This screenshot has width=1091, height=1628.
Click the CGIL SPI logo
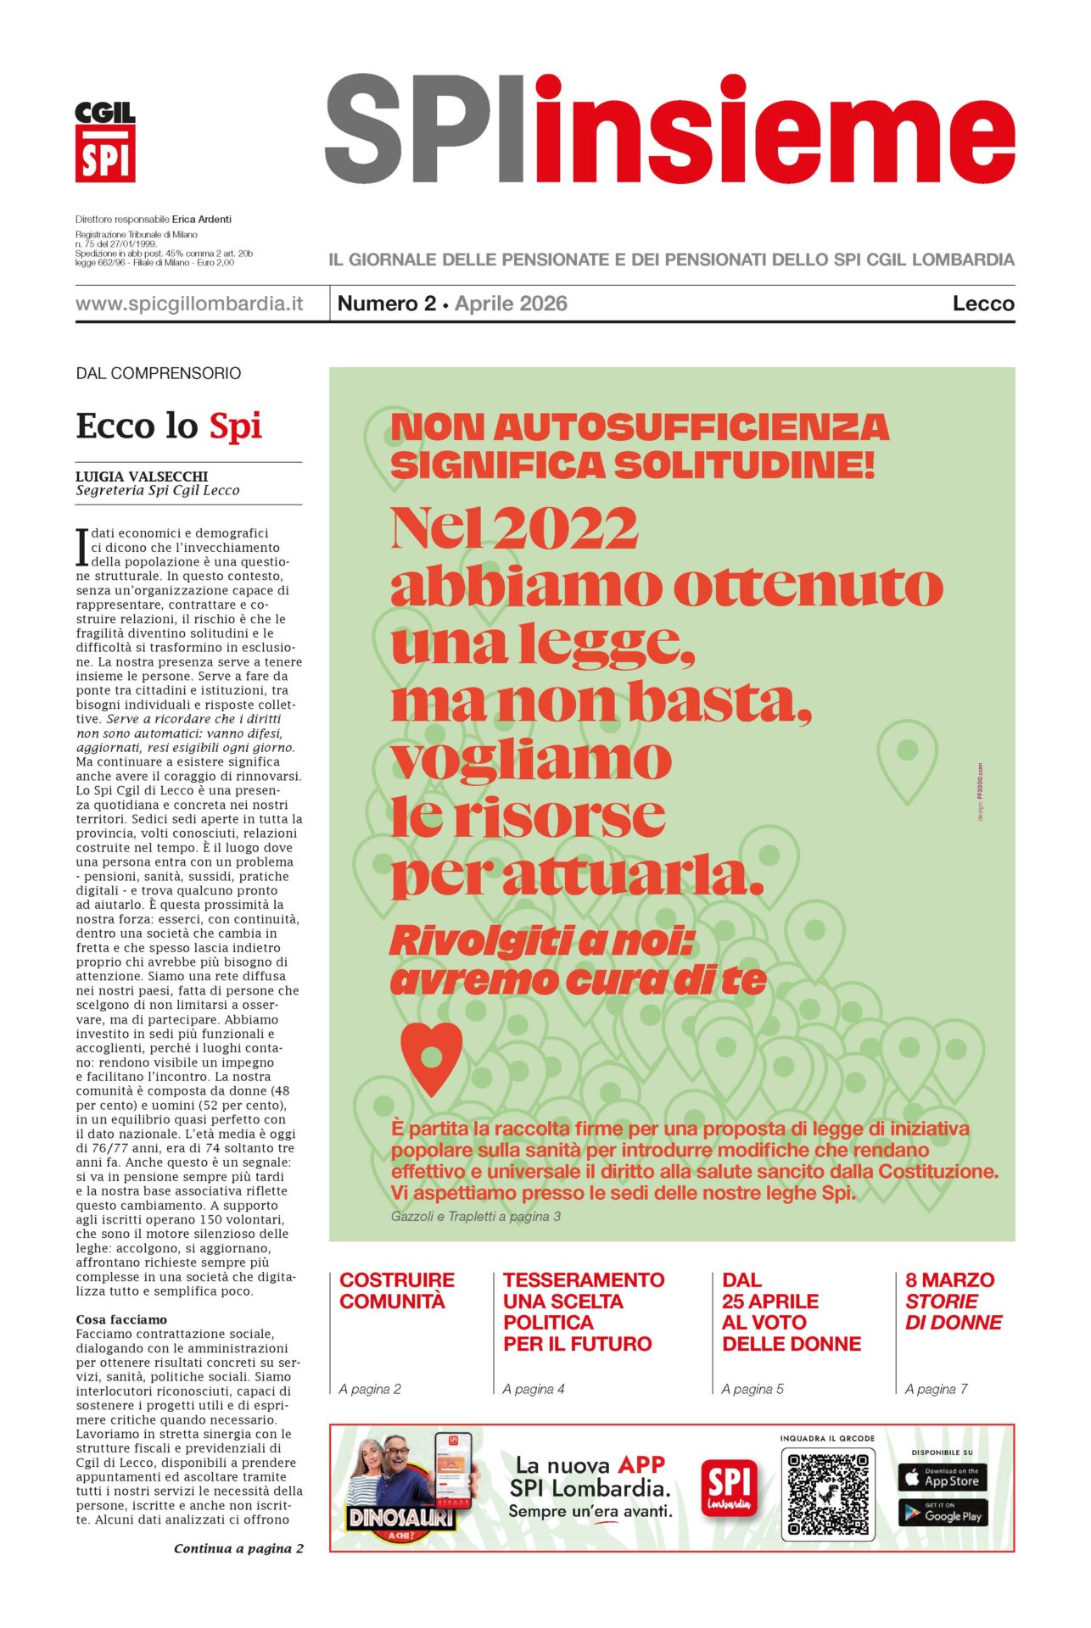click(105, 142)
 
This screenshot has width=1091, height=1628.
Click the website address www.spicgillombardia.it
click(189, 304)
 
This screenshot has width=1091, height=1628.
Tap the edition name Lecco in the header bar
click(982, 304)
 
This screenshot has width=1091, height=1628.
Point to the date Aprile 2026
click(511, 304)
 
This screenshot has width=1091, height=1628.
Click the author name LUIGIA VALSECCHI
click(142, 477)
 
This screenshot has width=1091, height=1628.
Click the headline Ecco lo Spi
click(169, 426)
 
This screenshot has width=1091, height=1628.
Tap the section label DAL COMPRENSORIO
click(159, 373)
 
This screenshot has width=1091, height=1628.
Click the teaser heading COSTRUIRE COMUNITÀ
click(397, 1291)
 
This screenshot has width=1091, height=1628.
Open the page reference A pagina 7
click(936, 1389)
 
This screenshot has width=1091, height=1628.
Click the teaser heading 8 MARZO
click(949, 1280)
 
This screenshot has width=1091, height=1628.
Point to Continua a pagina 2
click(238, 1548)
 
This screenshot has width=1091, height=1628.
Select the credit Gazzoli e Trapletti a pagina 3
click(476, 1216)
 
